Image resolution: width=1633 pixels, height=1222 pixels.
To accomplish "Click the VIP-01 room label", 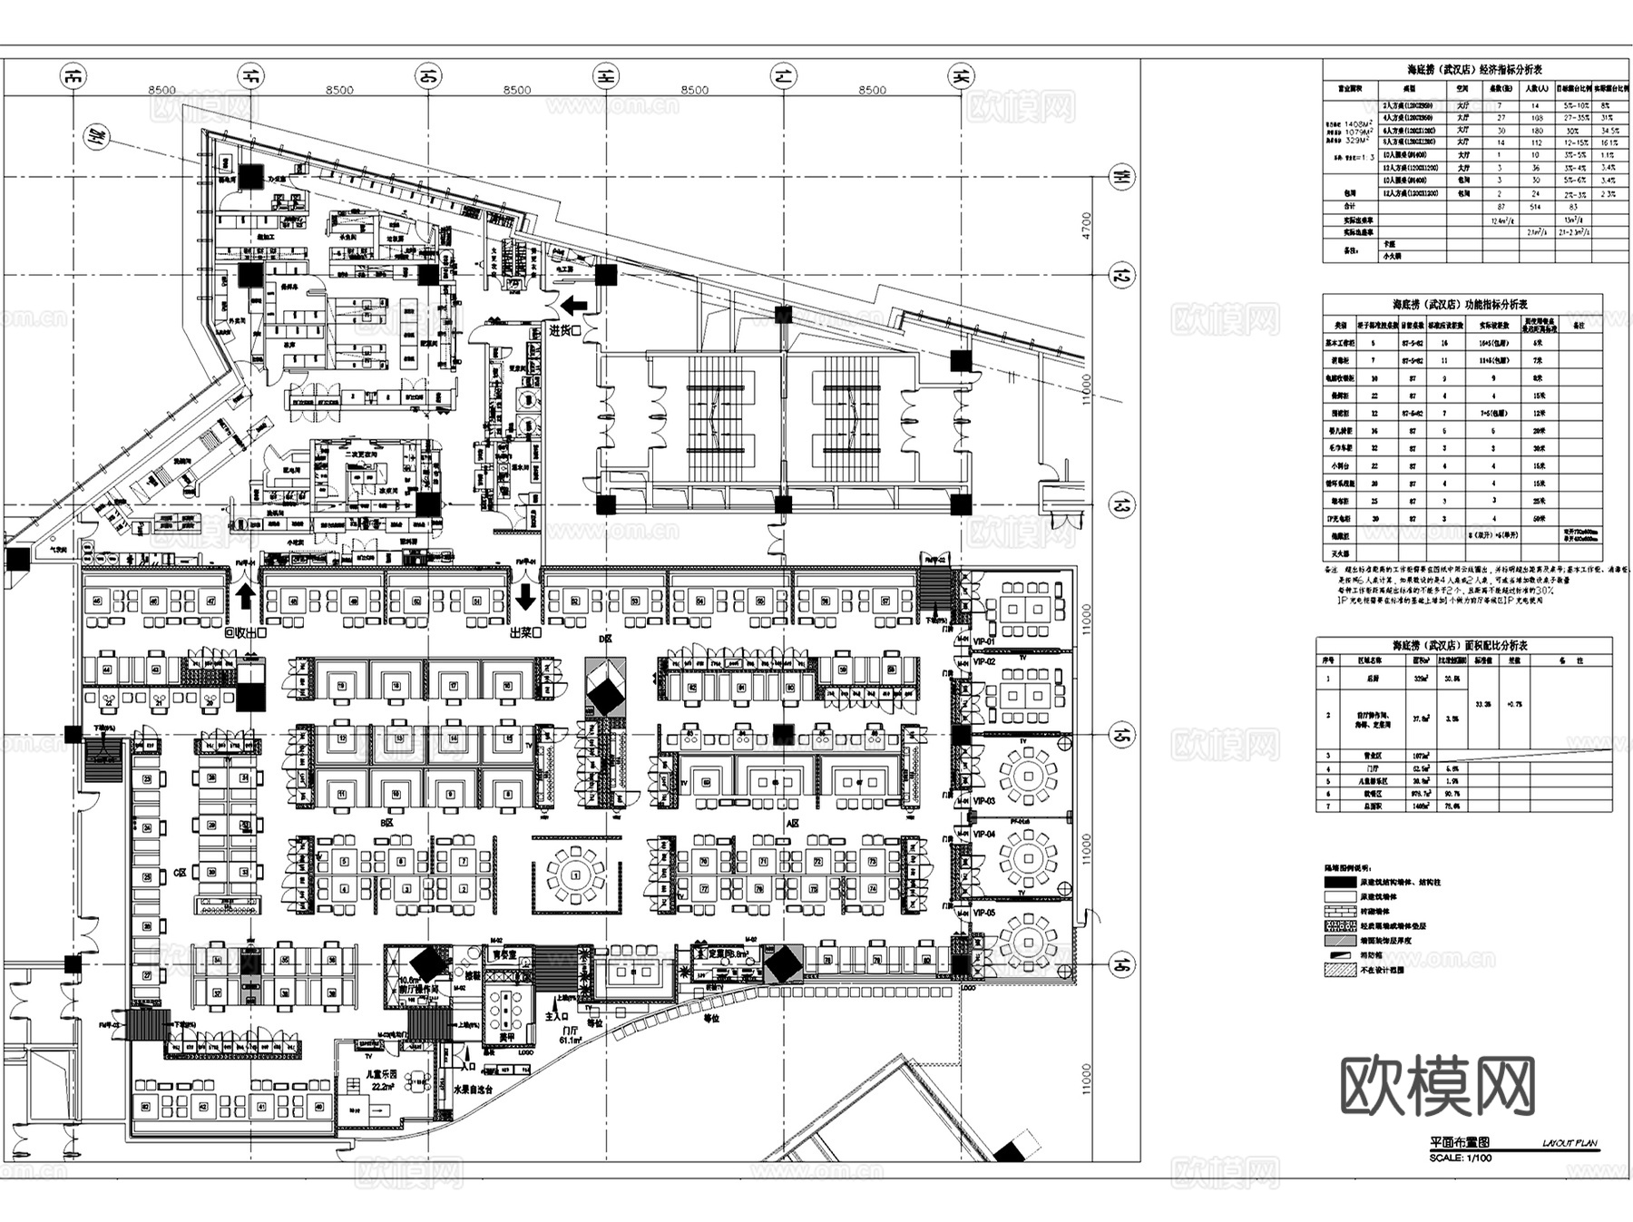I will [984, 641].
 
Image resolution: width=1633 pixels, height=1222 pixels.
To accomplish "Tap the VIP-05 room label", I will [984, 913].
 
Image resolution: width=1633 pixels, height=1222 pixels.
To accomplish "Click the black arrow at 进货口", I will [574, 306].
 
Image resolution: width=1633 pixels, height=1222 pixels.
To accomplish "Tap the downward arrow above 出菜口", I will [525, 597].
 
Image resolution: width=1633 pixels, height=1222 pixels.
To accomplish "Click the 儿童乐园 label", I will [379, 1074].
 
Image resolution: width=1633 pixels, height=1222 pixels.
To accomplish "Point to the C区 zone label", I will [180, 872].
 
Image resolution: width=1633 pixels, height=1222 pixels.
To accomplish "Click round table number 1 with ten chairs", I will [576, 875].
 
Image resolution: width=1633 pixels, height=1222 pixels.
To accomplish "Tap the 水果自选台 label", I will [472, 1089].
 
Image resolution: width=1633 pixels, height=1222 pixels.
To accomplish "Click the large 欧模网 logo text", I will [1438, 1087].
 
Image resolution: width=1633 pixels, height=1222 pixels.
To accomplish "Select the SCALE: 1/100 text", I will [1459, 1158].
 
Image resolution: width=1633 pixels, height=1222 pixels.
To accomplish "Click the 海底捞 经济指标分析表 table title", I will [1461, 69].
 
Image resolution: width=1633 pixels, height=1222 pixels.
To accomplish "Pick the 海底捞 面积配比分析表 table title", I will [1461, 646].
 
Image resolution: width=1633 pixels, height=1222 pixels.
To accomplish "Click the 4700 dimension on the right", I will [1087, 227].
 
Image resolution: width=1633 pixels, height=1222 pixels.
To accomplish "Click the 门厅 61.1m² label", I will [570, 1036].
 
